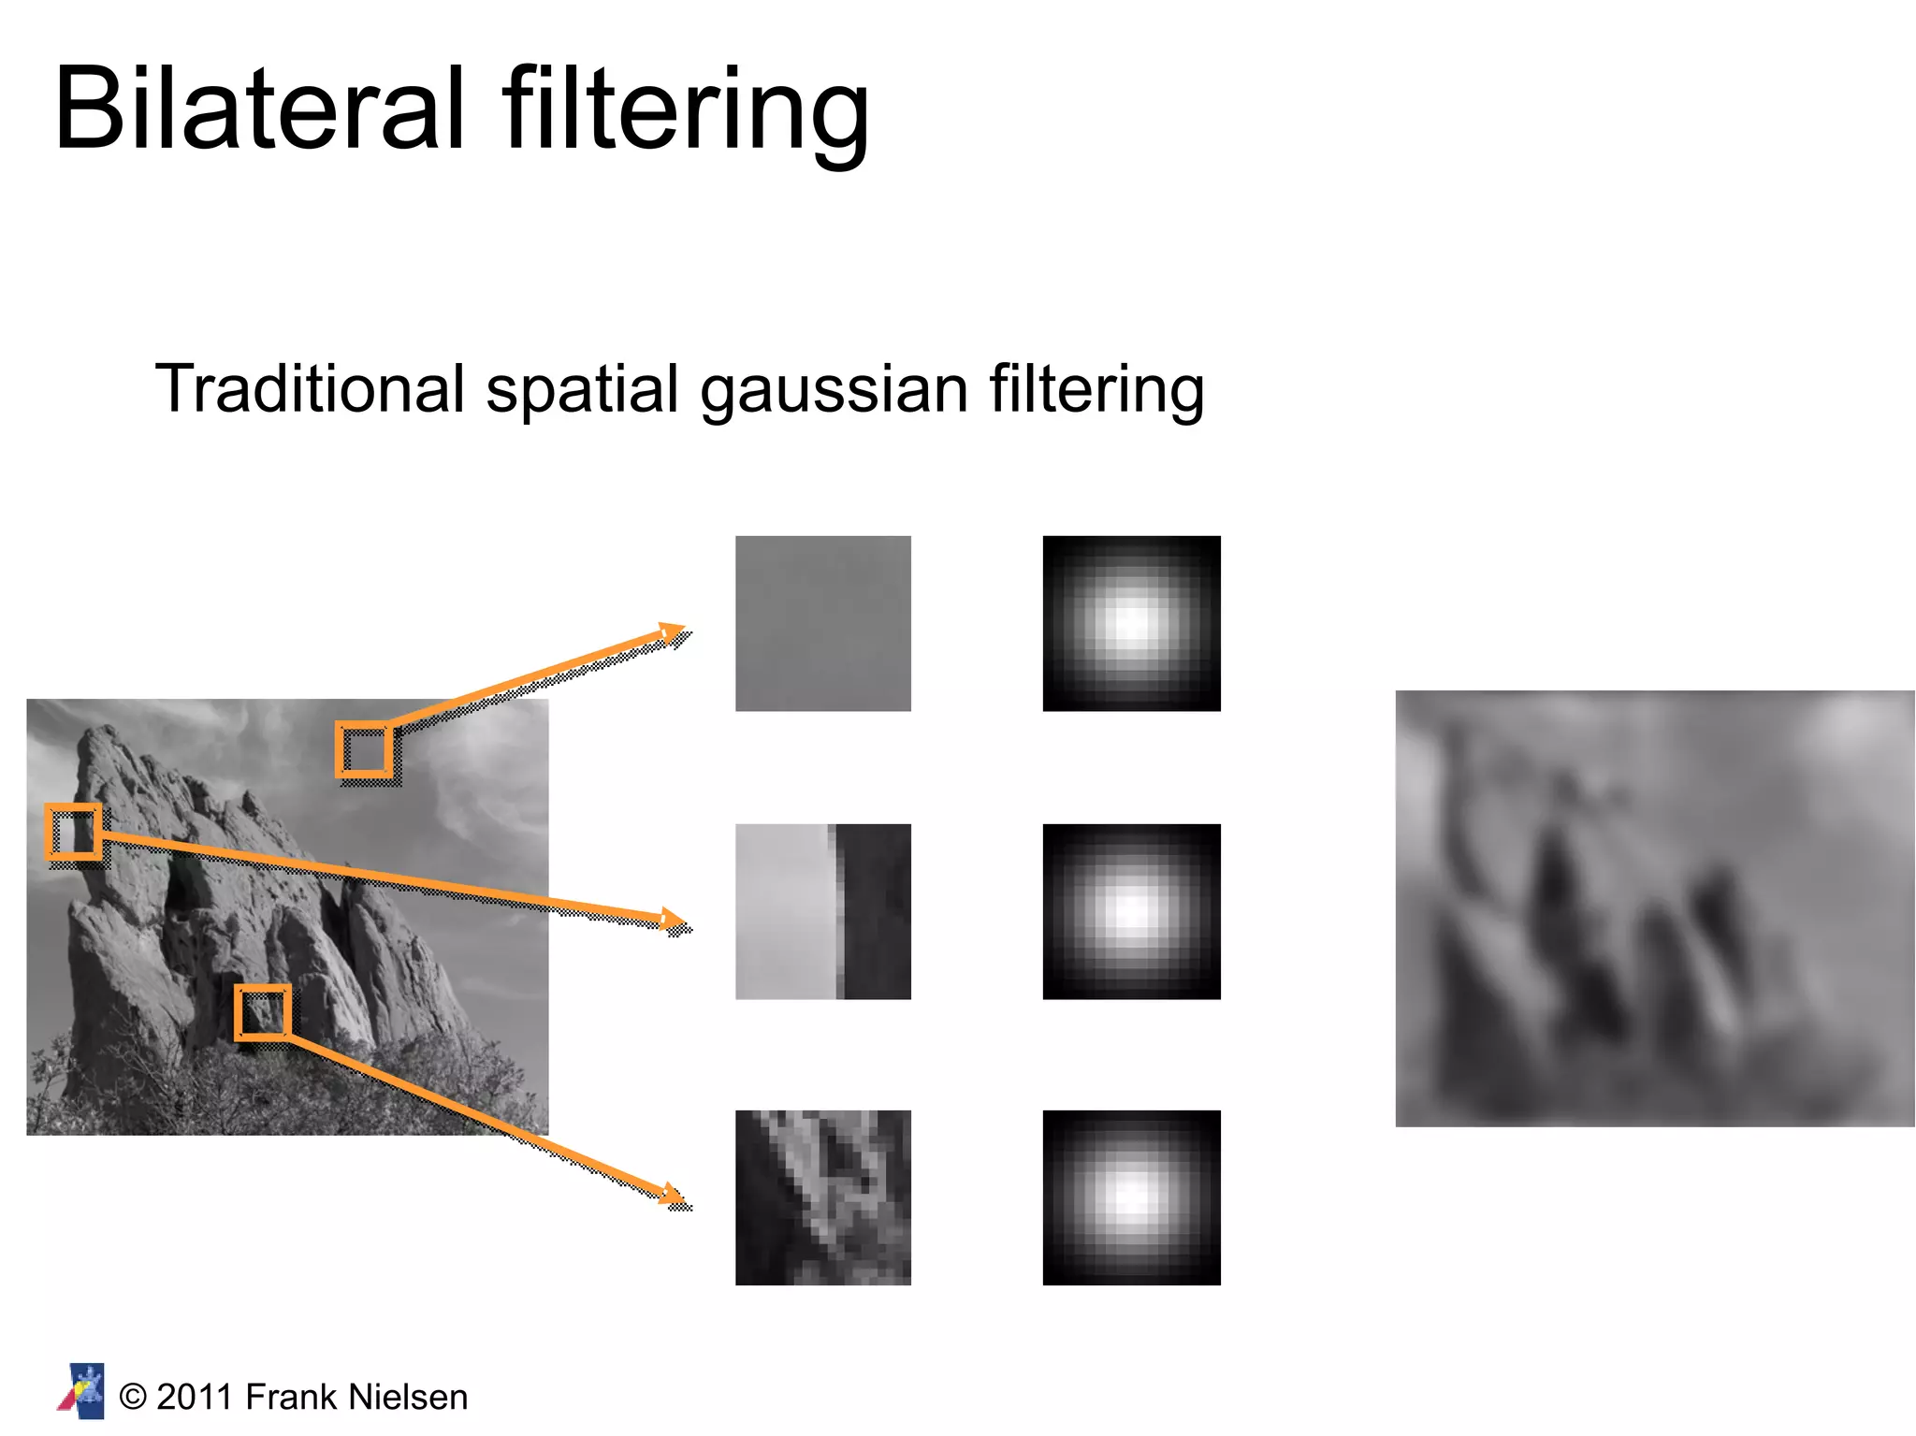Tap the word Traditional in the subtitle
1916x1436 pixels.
(x=309, y=388)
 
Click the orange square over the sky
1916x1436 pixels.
(x=364, y=749)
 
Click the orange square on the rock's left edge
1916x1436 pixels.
(x=73, y=831)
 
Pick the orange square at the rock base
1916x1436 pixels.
(x=262, y=1011)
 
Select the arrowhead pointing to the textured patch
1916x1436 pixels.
(x=672, y=1194)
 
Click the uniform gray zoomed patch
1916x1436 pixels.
(x=822, y=623)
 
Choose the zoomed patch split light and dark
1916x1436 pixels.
(x=822, y=911)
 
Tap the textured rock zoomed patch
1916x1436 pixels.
(x=822, y=1197)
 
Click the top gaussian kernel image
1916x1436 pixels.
(x=1131, y=623)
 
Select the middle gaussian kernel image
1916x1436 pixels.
(x=1131, y=911)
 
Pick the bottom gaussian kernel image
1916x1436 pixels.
(x=1131, y=1197)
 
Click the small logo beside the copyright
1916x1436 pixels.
(x=82, y=1391)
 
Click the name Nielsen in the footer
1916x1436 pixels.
(x=407, y=1397)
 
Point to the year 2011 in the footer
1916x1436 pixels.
(x=194, y=1397)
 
